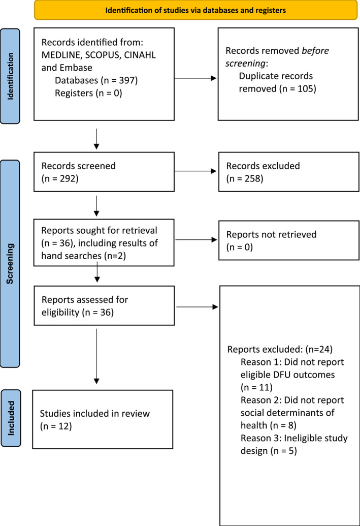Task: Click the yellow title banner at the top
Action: click(196, 10)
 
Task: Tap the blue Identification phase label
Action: click(10, 76)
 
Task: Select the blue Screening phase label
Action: click(10, 264)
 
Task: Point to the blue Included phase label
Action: click(11, 418)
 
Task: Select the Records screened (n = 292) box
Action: click(104, 172)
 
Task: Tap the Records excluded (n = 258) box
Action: click(288, 172)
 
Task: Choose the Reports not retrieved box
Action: click(288, 240)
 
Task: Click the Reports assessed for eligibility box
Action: click(104, 305)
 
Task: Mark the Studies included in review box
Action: click(103, 419)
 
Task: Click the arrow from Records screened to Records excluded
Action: click(196, 171)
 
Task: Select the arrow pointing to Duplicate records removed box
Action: click(196, 78)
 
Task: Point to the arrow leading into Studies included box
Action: click(96, 356)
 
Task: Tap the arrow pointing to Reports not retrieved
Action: click(197, 239)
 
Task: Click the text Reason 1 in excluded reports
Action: click(260, 362)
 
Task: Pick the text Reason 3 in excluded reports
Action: click(260, 439)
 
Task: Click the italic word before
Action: click(315, 51)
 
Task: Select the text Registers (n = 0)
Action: click(88, 94)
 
